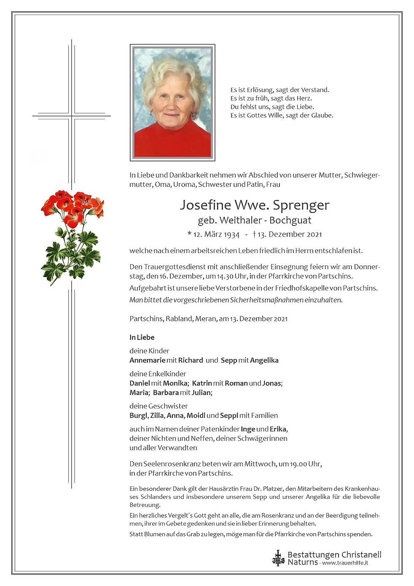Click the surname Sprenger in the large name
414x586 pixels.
[301, 205]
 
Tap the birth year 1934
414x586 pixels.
[231, 234]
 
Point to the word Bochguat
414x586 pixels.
[290, 220]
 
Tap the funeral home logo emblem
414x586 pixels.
[278, 558]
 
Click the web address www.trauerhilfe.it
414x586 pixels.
[345, 563]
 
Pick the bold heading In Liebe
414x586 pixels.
[142, 337]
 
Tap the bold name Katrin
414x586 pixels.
[202, 383]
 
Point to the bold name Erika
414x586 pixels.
[278, 429]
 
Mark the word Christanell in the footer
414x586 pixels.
[359, 555]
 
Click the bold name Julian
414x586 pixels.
[202, 393]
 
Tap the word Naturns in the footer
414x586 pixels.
[303, 562]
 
